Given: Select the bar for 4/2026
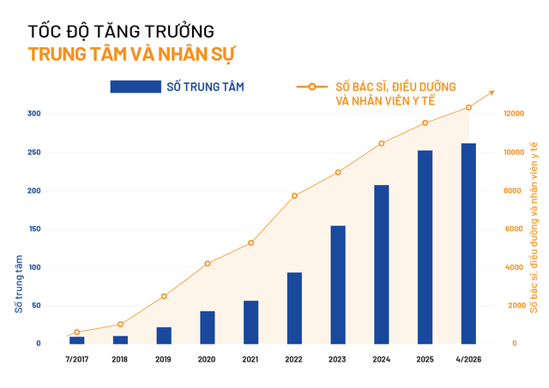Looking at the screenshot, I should click(468, 243).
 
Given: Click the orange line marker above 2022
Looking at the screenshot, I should click(294, 196).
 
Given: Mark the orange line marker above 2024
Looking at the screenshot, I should click(382, 143).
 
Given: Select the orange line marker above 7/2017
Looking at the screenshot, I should click(77, 332).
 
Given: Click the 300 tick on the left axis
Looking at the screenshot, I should click(32, 114).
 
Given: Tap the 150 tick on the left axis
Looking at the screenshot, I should click(32, 229).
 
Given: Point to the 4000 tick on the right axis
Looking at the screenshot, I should click(512, 267).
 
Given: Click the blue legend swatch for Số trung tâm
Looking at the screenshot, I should click(136, 87).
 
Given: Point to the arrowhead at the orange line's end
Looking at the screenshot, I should click(491, 92).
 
